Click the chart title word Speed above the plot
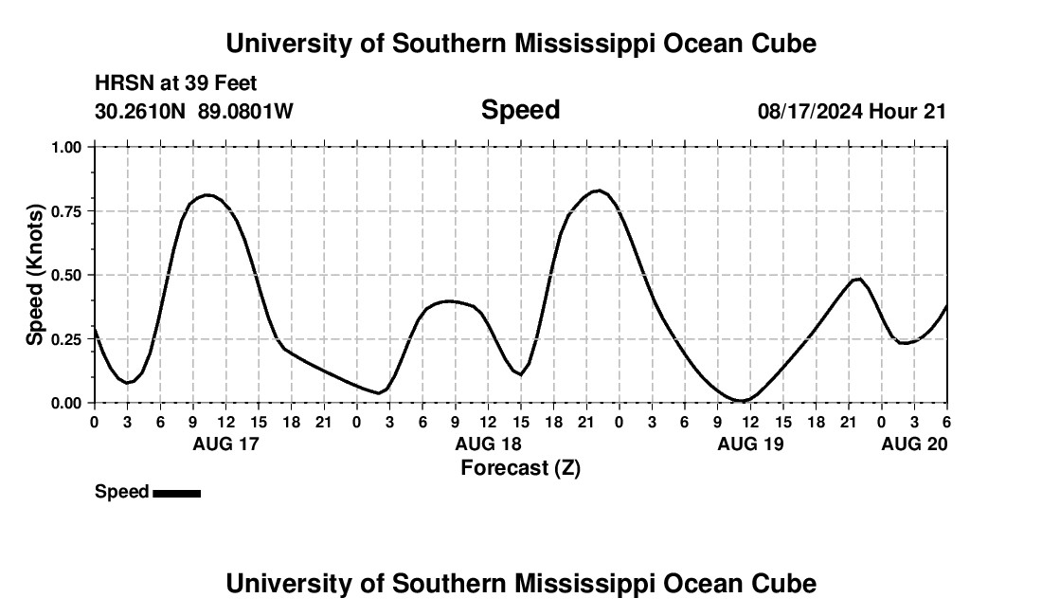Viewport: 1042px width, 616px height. tap(520, 110)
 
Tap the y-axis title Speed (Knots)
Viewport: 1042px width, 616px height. tap(35, 274)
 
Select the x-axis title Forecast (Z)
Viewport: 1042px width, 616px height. tap(520, 467)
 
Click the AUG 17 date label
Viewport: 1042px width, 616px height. tap(225, 444)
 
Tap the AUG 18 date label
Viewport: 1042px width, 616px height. tap(488, 444)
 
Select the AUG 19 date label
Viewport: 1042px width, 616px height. tap(750, 444)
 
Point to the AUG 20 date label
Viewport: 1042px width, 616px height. tap(914, 444)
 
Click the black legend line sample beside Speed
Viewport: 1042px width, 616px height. tap(176, 493)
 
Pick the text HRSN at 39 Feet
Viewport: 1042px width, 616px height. tap(176, 83)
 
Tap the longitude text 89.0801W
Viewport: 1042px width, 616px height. tap(245, 111)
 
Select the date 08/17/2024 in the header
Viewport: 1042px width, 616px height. tap(810, 111)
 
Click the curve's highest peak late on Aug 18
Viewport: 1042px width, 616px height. tap(598, 190)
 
